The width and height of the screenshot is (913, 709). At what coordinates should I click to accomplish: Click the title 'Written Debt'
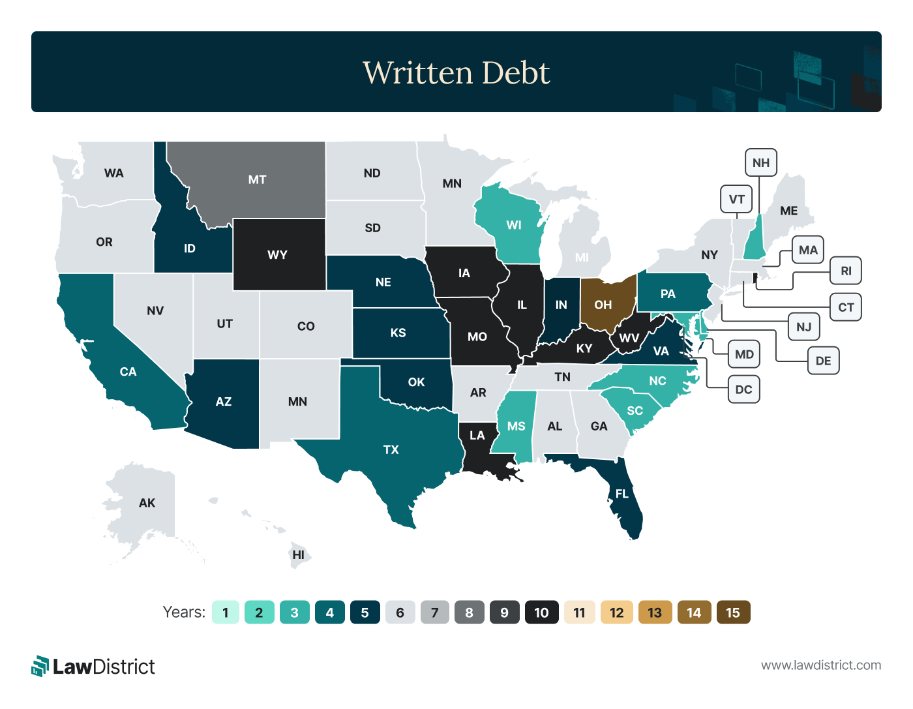pos(456,72)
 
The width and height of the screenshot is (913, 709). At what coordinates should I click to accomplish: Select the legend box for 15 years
pos(733,612)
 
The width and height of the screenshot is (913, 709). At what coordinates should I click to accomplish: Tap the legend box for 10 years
pos(541,612)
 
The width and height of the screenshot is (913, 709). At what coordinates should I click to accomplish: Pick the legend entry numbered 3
pos(294,612)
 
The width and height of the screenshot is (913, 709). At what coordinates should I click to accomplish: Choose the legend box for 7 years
pos(435,612)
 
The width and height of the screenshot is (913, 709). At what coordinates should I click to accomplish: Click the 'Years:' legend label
pos(184,612)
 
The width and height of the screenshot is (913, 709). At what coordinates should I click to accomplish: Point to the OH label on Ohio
pos(603,305)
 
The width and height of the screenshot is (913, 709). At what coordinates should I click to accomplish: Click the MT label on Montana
pos(257,179)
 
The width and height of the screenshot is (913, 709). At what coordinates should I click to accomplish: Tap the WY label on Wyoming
pos(277,254)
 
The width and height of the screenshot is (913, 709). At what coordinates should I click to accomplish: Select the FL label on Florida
pos(622,494)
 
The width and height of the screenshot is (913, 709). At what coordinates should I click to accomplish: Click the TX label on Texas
pos(391,449)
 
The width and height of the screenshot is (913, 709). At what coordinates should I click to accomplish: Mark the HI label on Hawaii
pos(299,555)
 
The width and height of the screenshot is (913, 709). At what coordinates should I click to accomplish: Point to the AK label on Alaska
pos(147,503)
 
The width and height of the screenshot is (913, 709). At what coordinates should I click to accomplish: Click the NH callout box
pos(760,162)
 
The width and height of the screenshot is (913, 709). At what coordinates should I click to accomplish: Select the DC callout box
pos(743,389)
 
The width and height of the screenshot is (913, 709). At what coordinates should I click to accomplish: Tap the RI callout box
pos(846,271)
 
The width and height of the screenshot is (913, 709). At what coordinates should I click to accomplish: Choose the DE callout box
pos(823,361)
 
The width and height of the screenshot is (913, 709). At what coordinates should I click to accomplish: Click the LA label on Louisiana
pos(477,435)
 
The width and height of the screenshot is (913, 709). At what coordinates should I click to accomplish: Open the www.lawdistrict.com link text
pos(821,665)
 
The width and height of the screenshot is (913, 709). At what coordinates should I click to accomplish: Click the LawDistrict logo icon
pos(40,666)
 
